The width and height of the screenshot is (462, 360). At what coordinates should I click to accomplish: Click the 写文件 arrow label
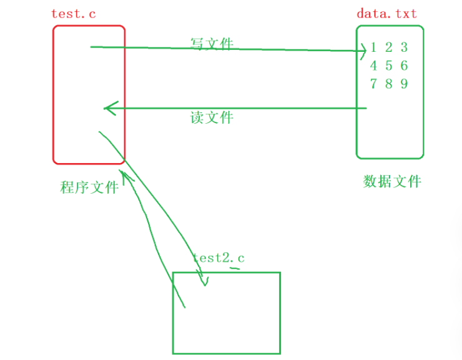[x=212, y=43]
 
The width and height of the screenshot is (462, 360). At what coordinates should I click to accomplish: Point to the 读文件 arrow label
[x=212, y=117]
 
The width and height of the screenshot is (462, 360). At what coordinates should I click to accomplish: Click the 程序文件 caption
[x=89, y=187]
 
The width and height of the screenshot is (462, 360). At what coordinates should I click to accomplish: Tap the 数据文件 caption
[x=392, y=181]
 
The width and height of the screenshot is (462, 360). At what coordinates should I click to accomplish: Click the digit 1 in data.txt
[x=373, y=47]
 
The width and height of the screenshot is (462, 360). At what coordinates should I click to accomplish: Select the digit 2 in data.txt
[x=388, y=47]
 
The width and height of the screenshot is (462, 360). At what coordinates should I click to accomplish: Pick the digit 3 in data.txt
[x=404, y=47]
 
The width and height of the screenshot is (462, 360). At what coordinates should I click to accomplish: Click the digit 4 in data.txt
[x=373, y=66]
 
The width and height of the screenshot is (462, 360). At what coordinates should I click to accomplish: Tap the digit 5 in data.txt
[x=388, y=66]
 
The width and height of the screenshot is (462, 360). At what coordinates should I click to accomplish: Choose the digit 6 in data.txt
[x=404, y=66]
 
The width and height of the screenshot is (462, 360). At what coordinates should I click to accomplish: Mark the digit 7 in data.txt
[x=373, y=84]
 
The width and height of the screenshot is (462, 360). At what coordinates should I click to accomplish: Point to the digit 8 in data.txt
[x=388, y=84]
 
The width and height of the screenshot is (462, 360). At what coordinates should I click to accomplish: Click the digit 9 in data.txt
[x=404, y=84]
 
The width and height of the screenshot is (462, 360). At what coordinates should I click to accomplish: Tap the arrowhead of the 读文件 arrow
[x=107, y=108]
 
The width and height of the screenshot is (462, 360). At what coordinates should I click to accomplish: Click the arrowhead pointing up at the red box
[x=125, y=177]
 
